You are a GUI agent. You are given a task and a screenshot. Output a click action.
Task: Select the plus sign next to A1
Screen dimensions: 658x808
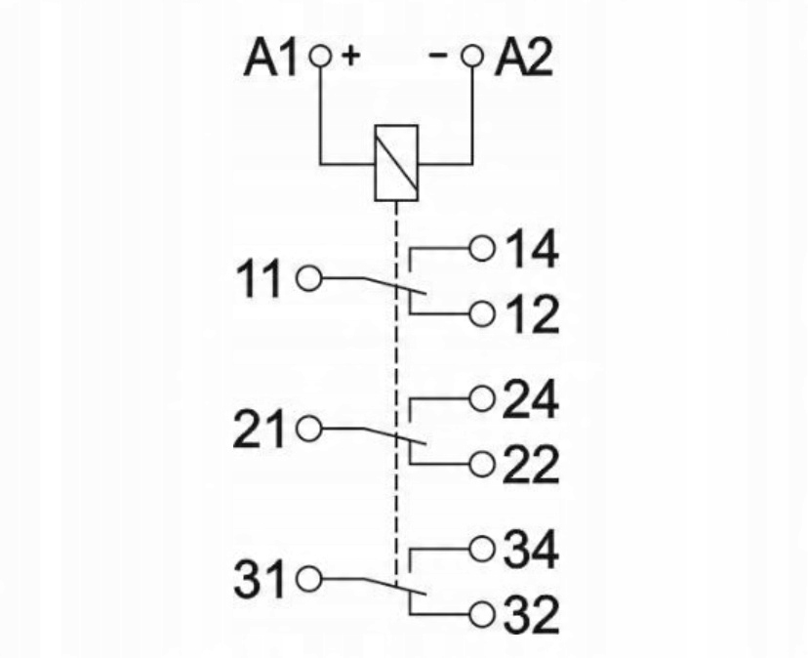click(349, 57)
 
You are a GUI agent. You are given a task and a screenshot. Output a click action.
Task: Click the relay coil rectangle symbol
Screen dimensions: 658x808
click(396, 162)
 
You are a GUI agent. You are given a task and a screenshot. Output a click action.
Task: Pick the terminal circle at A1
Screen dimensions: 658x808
click(320, 58)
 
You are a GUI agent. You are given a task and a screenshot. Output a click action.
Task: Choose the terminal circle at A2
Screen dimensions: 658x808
click(473, 58)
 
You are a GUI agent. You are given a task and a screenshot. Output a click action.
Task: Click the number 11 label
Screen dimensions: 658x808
click(262, 280)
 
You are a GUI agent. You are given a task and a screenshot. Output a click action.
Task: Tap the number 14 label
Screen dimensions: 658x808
click(531, 250)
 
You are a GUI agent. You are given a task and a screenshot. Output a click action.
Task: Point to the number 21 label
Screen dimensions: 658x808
click(261, 431)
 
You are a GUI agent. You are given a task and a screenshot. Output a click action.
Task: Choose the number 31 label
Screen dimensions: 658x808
click(261, 580)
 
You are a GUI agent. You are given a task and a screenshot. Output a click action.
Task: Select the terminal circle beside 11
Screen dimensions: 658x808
click(308, 278)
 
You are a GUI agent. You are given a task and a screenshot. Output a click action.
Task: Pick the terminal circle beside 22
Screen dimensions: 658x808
click(481, 463)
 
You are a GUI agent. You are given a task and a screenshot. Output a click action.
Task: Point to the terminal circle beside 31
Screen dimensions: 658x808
click(308, 578)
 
